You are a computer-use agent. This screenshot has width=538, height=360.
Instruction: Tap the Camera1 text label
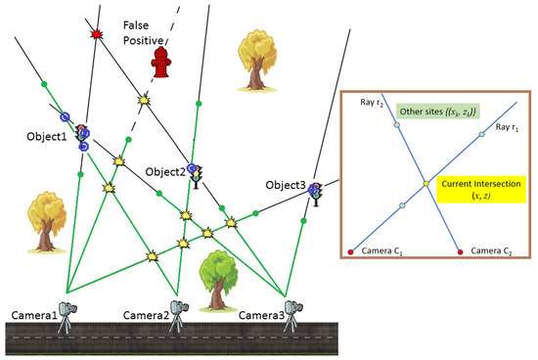click(34, 314)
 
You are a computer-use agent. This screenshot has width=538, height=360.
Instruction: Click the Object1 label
click(46, 136)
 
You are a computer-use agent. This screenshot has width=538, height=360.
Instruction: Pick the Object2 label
click(164, 172)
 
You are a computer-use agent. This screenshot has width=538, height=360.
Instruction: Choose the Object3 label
click(285, 185)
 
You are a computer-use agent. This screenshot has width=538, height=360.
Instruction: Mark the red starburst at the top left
click(95, 35)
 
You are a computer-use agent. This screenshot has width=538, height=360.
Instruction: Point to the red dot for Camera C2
click(461, 253)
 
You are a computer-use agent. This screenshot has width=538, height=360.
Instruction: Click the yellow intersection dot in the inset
click(426, 183)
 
